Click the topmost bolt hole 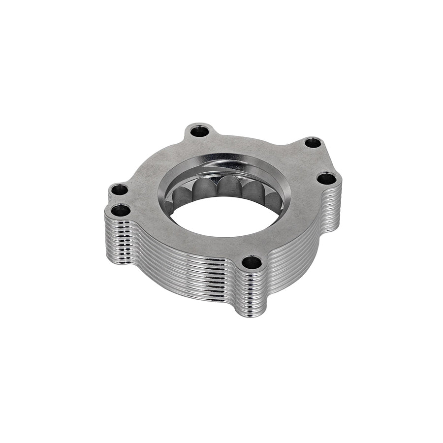(199, 131)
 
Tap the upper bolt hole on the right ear (313, 143)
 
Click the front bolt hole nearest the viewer (252, 262)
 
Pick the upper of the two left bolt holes (119, 190)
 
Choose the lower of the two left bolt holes (121, 211)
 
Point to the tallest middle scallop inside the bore (228, 187)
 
